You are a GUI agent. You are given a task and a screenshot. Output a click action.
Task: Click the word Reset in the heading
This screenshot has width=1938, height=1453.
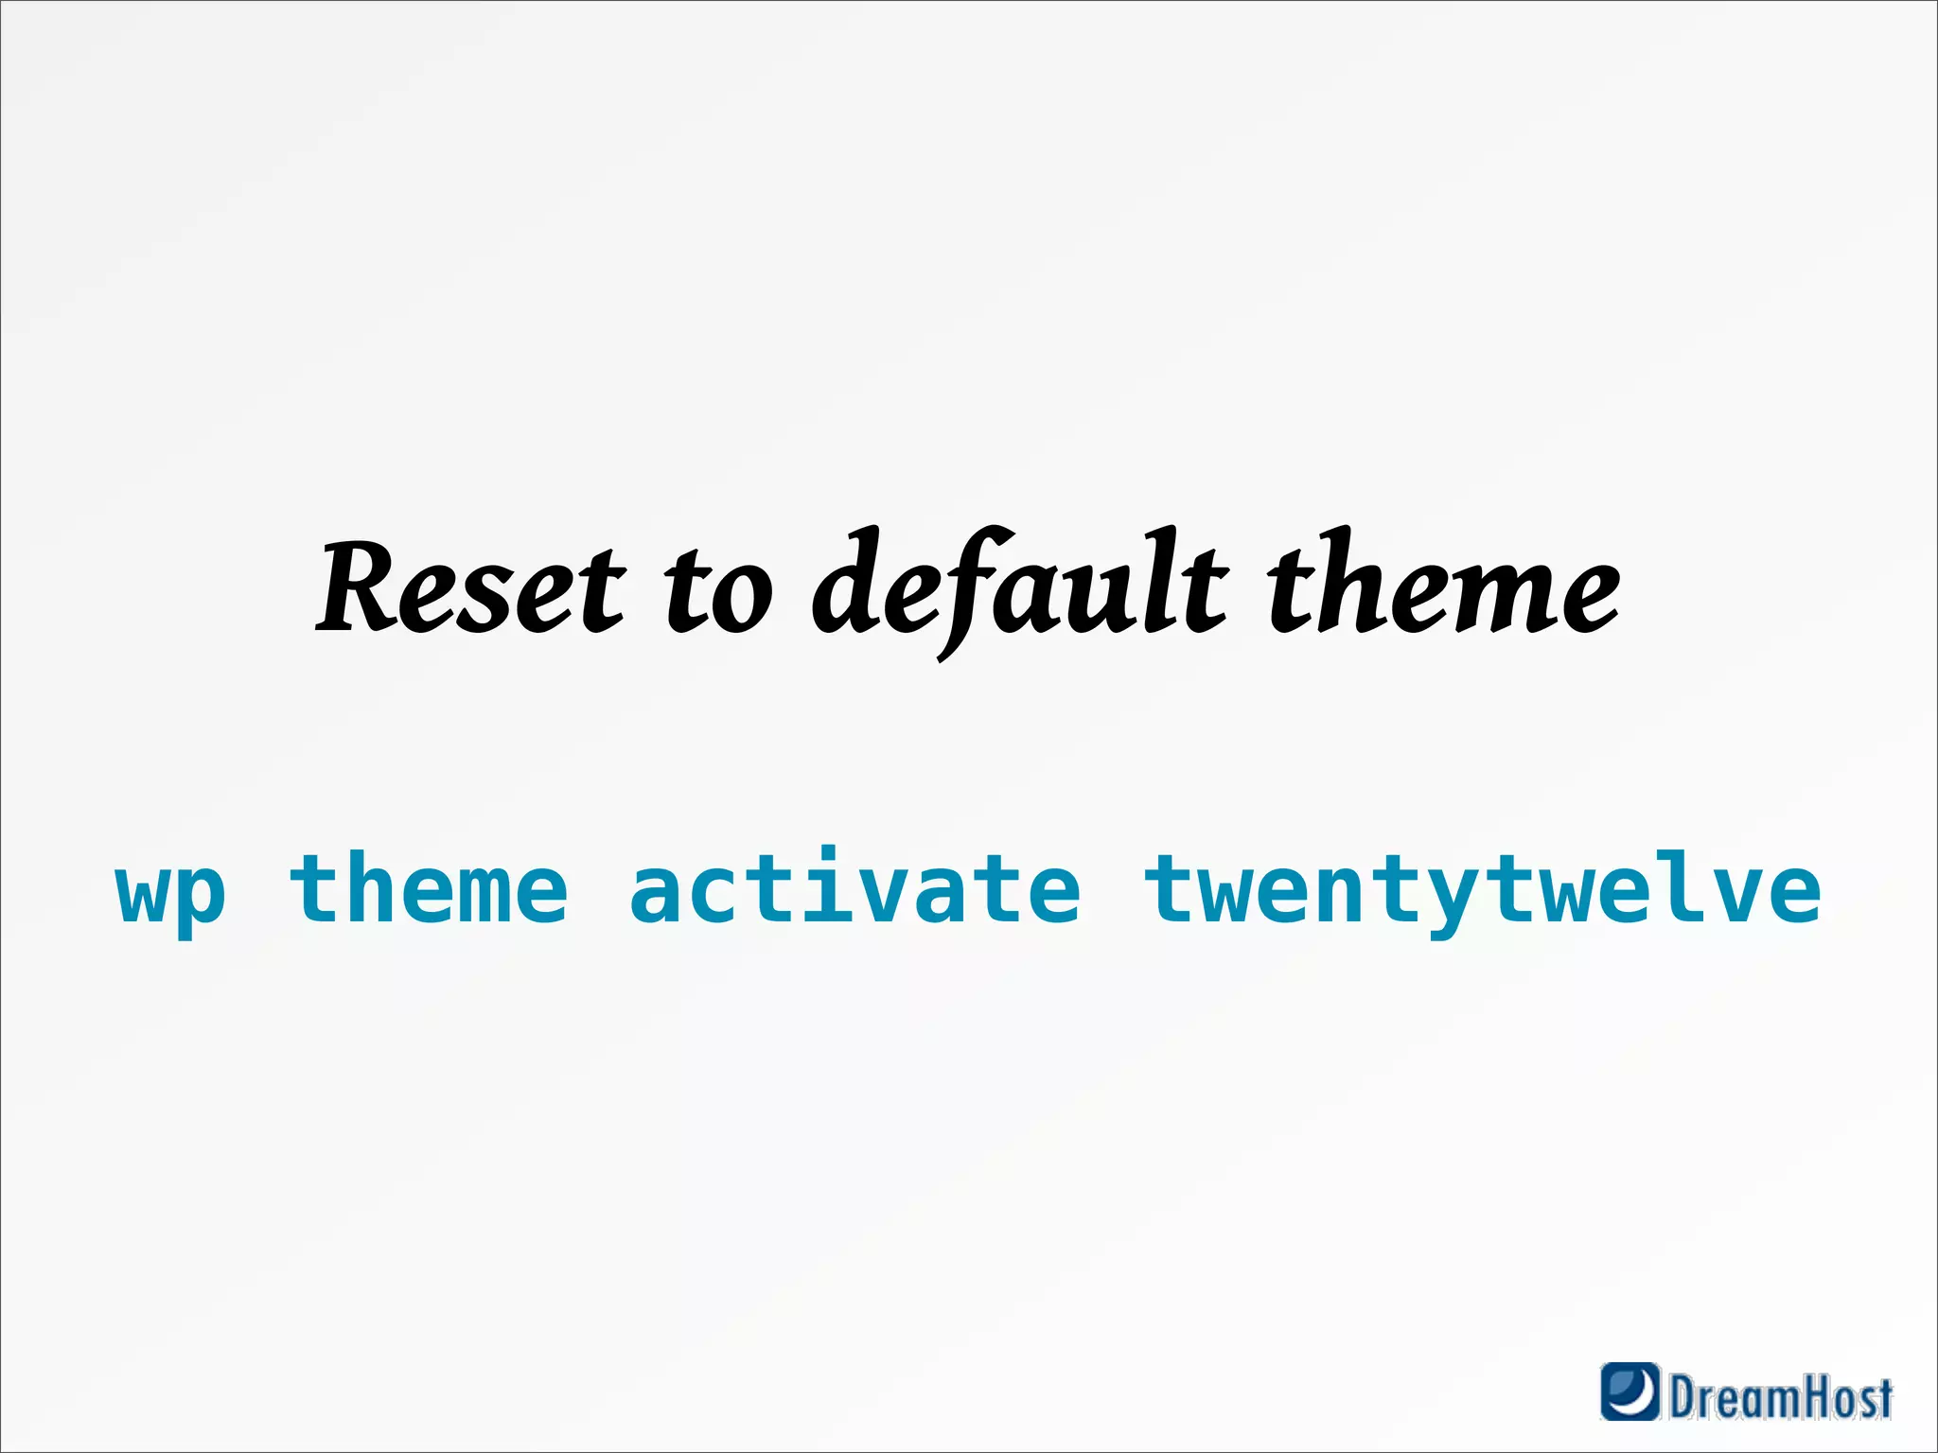tap(470, 588)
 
